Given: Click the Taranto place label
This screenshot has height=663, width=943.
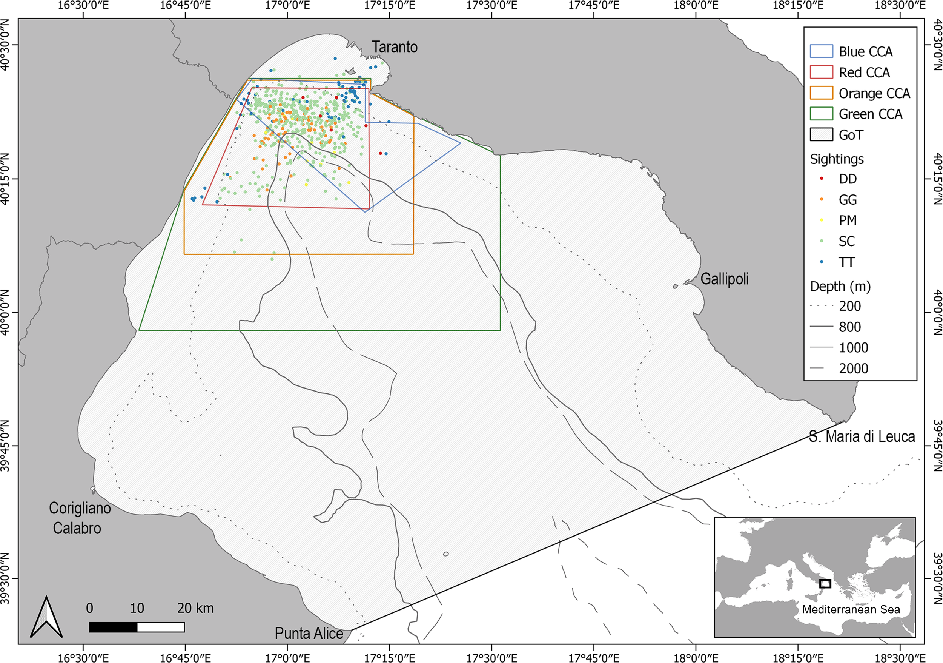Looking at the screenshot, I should [x=394, y=47].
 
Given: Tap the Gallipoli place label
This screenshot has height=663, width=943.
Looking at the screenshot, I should [x=725, y=279].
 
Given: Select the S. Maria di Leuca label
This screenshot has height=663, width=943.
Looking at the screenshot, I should [x=862, y=436].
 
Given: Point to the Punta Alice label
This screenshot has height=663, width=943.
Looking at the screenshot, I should [x=309, y=633].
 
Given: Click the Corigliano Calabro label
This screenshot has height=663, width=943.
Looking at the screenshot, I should [x=79, y=518].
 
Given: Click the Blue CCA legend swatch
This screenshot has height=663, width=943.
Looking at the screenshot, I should [x=822, y=51].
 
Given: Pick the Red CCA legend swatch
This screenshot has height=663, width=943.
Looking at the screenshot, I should [x=822, y=72].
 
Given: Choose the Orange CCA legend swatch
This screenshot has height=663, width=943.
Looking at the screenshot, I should [x=822, y=93].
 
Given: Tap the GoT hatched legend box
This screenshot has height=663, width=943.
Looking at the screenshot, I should [x=822, y=134].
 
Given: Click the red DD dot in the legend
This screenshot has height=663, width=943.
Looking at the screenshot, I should [x=822, y=178].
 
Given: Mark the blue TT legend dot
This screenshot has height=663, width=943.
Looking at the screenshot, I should [x=822, y=262].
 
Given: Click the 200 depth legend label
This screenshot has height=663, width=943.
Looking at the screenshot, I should [x=850, y=306].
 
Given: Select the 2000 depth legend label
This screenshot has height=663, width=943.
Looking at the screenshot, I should [x=854, y=368].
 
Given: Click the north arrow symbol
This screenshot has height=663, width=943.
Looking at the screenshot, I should [x=46, y=617].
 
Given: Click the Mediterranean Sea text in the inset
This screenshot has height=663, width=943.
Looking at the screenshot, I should [x=851, y=609].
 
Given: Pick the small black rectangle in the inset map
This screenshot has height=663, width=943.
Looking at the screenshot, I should [x=825, y=584].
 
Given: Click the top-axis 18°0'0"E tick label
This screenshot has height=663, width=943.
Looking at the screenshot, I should [x=696, y=5].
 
